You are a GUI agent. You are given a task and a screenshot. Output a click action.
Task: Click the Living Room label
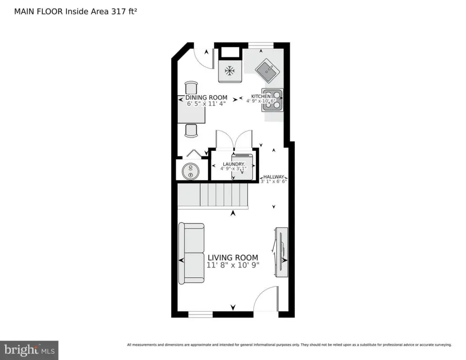tap(233, 257)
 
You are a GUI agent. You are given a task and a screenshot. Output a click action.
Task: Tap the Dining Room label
tap(203, 98)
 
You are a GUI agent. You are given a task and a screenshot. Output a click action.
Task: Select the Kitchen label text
tap(261, 96)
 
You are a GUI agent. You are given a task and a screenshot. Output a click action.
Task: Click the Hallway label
tap(274, 177)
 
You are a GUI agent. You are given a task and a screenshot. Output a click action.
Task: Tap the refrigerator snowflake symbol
tap(229, 71)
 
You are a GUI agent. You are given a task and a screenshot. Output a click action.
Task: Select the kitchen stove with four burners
tap(273, 99)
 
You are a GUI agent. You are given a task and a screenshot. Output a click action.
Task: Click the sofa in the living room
tap(191, 253)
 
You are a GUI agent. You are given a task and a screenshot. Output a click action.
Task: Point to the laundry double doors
tap(233, 139)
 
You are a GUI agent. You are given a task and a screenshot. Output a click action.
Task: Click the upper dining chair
tap(191, 88)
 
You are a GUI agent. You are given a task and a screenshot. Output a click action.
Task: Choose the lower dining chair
tap(191, 130)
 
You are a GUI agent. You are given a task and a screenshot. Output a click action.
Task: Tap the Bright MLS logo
tap(29, 350)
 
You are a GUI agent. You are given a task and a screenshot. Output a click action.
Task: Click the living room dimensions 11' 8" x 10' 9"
tap(233, 265)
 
